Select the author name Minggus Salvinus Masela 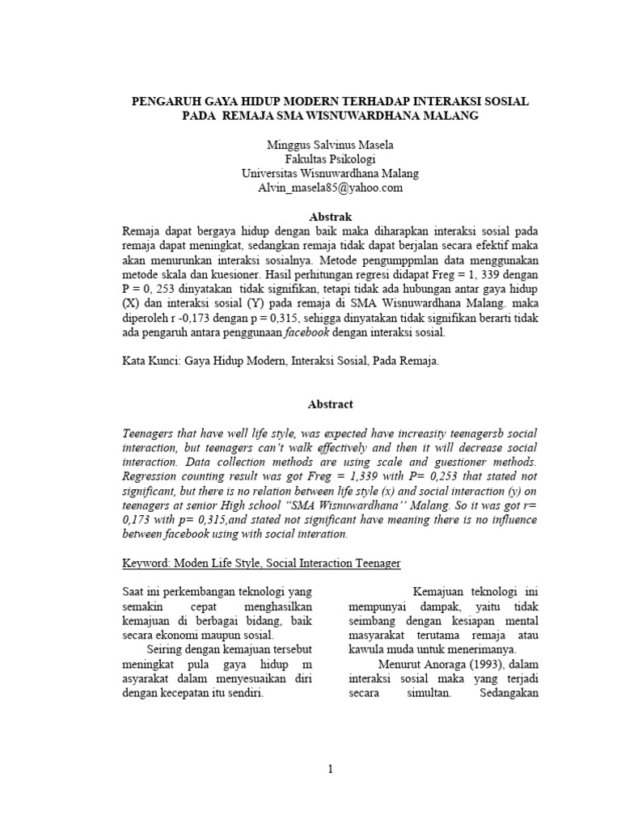point(310,146)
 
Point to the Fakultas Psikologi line point(310,159)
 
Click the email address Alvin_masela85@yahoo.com point(310,188)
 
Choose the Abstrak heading point(310,216)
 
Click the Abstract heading point(310,403)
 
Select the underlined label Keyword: point(148,561)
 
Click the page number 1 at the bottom point(330,769)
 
